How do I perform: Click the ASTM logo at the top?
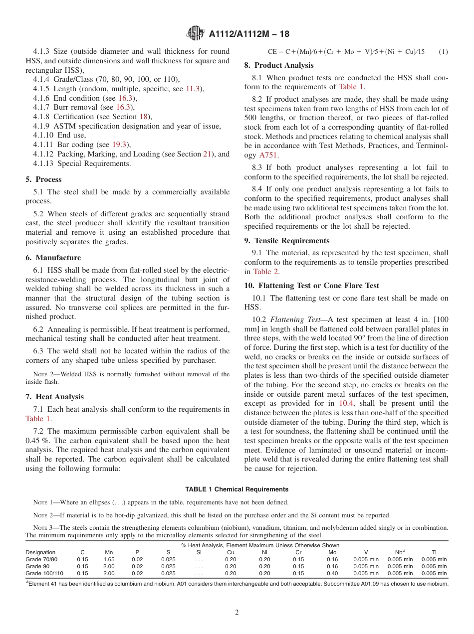tap(196, 33)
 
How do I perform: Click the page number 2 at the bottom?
tap(237, 612)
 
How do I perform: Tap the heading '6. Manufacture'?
tap(53, 258)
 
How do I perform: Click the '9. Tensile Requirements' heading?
tap(287, 241)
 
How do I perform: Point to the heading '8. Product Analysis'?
tap(279, 65)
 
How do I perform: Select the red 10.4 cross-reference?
tap(346, 403)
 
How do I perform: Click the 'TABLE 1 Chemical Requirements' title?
tap(237, 489)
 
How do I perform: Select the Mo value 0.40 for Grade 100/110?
tap(332, 573)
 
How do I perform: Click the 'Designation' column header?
tap(40, 552)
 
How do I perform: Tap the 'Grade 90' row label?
tap(37, 566)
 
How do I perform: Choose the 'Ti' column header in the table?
tap(434, 552)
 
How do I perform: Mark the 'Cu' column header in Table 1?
tap(231, 552)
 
